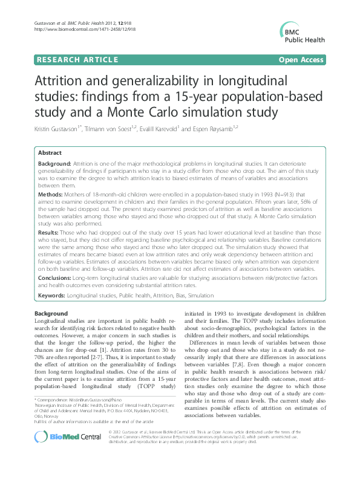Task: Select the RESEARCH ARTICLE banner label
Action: point(77,60)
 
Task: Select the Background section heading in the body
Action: point(51,314)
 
